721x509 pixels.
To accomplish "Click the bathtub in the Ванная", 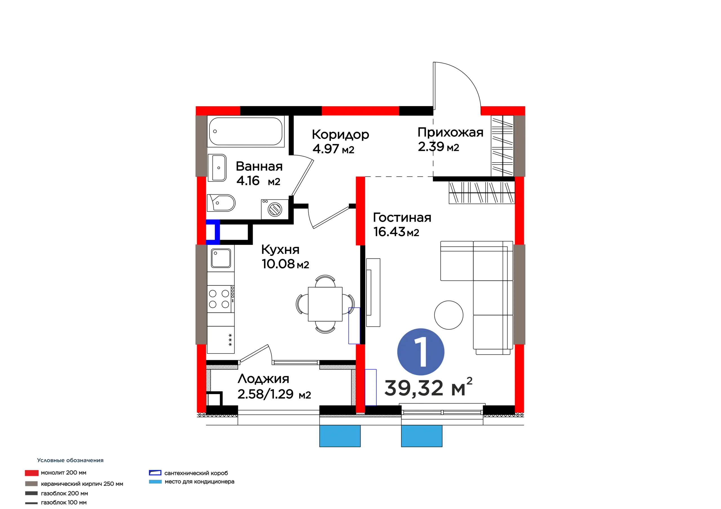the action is [x=246, y=131].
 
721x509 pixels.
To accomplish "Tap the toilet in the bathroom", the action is [x=221, y=203].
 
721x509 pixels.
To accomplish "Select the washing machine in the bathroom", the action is [x=275, y=209].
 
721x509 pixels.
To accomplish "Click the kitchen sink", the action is [x=221, y=258].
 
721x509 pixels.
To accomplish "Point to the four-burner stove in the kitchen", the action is [x=221, y=299].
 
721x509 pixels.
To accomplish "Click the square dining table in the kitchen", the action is [x=325, y=304].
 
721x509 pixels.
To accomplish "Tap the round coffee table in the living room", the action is [x=449, y=315].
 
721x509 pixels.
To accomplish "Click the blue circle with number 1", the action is [x=421, y=352].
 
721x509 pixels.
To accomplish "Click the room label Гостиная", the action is [x=402, y=217].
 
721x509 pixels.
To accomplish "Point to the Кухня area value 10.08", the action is [x=278, y=264].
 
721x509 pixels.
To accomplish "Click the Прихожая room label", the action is [x=450, y=132].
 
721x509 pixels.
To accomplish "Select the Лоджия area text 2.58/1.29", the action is [x=265, y=394].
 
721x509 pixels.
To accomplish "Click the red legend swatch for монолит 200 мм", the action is [x=32, y=473].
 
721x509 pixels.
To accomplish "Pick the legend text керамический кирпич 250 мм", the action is [x=82, y=484].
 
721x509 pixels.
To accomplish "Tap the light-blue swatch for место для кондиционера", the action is [x=155, y=482].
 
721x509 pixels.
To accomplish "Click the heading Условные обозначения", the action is [x=70, y=460].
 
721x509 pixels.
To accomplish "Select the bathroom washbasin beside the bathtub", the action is [x=217, y=168].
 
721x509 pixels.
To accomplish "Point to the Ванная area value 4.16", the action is [x=248, y=181].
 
